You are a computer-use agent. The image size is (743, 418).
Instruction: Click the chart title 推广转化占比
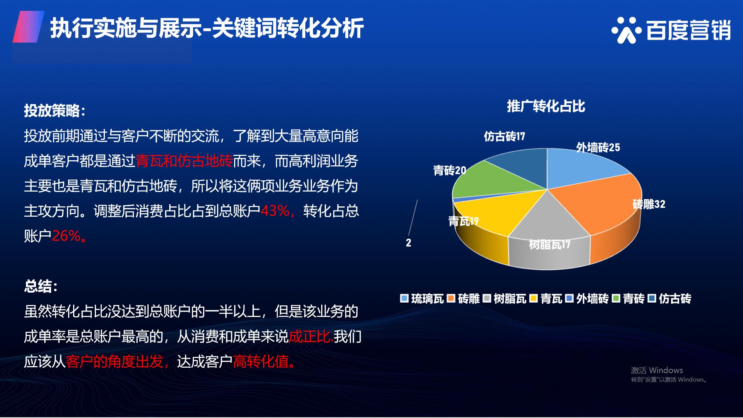pos(546,106)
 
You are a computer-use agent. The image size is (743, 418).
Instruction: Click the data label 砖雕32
pos(649,204)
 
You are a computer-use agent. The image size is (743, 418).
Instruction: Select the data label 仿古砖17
pos(504,136)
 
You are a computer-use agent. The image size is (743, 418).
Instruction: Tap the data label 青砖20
pos(449,170)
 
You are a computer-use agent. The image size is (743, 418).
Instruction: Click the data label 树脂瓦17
pos(550,244)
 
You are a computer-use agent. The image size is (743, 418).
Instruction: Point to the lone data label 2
pos(408,243)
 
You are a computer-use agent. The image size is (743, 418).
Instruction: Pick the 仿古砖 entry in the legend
pos(670,298)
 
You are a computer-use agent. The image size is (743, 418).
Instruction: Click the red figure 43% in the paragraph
pos(275,211)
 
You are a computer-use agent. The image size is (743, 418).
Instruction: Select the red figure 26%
pos(66,236)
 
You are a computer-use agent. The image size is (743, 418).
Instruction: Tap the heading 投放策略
pos(55,111)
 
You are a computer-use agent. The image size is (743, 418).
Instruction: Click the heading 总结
pos(41,286)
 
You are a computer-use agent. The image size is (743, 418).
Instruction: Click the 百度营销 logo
pos(671,30)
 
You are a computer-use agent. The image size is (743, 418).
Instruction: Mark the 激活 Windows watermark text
pos(657,370)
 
